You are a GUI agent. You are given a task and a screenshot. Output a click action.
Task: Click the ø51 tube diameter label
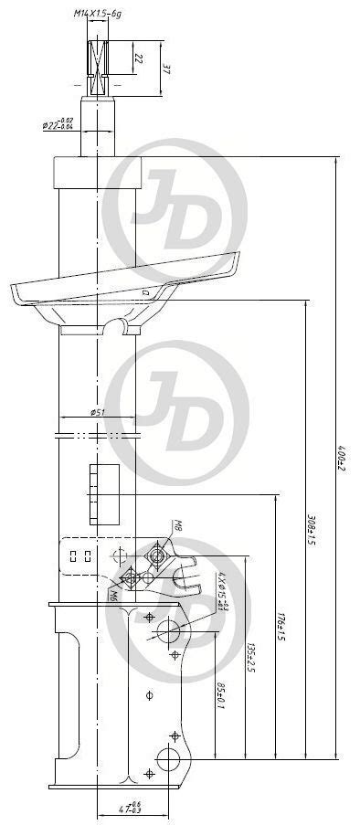click(98, 412)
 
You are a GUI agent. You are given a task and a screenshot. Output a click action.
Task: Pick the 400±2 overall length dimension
click(341, 457)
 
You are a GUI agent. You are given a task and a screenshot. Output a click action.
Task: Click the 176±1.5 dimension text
click(281, 627)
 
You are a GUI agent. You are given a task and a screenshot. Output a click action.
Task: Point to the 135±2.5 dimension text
click(250, 655)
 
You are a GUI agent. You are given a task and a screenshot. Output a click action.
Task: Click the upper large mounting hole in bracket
click(170, 629)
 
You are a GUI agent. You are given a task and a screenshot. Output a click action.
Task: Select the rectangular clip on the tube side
click(106, 493)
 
